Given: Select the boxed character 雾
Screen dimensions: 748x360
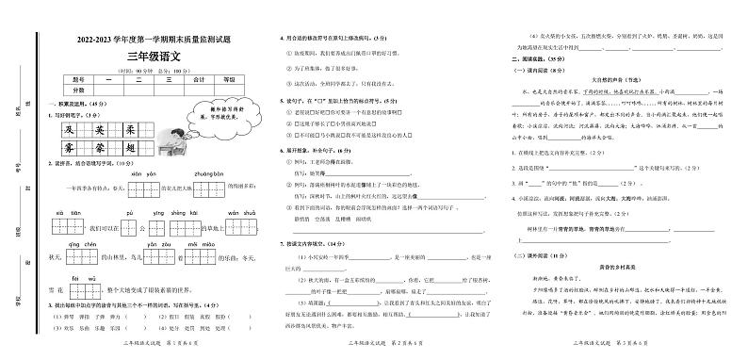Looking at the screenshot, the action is pyautogui.click(x=67, y=149).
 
